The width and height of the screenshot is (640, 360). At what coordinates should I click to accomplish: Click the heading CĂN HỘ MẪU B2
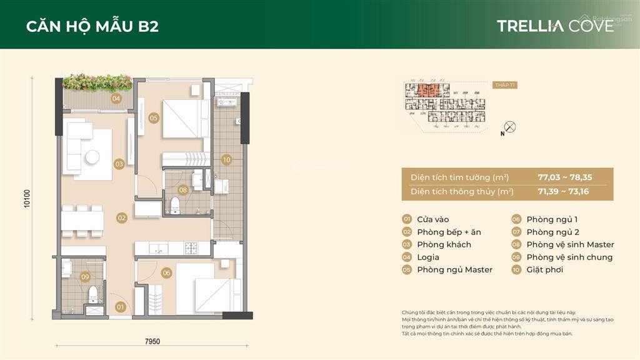point(92,26)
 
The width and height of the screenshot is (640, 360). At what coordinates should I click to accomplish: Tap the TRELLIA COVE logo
point(555,26)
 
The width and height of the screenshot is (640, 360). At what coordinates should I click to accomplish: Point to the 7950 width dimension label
point(152,341)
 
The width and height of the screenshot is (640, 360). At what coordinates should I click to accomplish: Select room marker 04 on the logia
point(116,99)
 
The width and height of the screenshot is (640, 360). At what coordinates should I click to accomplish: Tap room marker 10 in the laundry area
point(226,160)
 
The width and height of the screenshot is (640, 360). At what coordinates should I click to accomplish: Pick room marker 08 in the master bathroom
point(183,189)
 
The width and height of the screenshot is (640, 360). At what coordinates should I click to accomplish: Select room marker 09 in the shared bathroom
point(85,276)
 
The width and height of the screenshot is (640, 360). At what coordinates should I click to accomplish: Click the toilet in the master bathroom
point(175,203)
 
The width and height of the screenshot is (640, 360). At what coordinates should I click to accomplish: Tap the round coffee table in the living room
point(94,157)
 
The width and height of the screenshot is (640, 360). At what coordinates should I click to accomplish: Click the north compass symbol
point(510,127)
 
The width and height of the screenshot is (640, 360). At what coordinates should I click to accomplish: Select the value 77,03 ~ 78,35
point(564,177)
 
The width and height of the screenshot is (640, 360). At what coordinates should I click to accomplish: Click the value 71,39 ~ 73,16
point(564,192)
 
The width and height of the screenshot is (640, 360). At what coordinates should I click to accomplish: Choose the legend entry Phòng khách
point(444,244)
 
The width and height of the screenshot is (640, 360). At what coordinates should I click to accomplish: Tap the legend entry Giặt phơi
point(544,269)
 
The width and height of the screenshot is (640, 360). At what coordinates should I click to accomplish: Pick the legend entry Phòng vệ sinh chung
point(569,257)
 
